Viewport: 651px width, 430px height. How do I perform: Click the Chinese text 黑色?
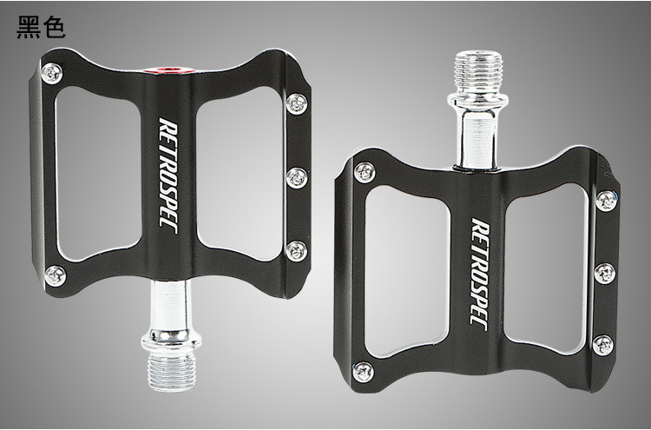click(x=41, y=28)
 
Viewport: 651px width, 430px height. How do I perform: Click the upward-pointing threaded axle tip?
click(x=478, y=73)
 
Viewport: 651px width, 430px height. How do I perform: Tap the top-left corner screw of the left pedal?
click(x=52, y=74)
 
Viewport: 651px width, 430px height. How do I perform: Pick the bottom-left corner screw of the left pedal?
click(x=56, y=275)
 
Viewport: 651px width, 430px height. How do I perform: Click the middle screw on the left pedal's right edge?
click(x=297, y=178)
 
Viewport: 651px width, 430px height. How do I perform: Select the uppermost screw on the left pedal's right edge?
click(x=297, y=103)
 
